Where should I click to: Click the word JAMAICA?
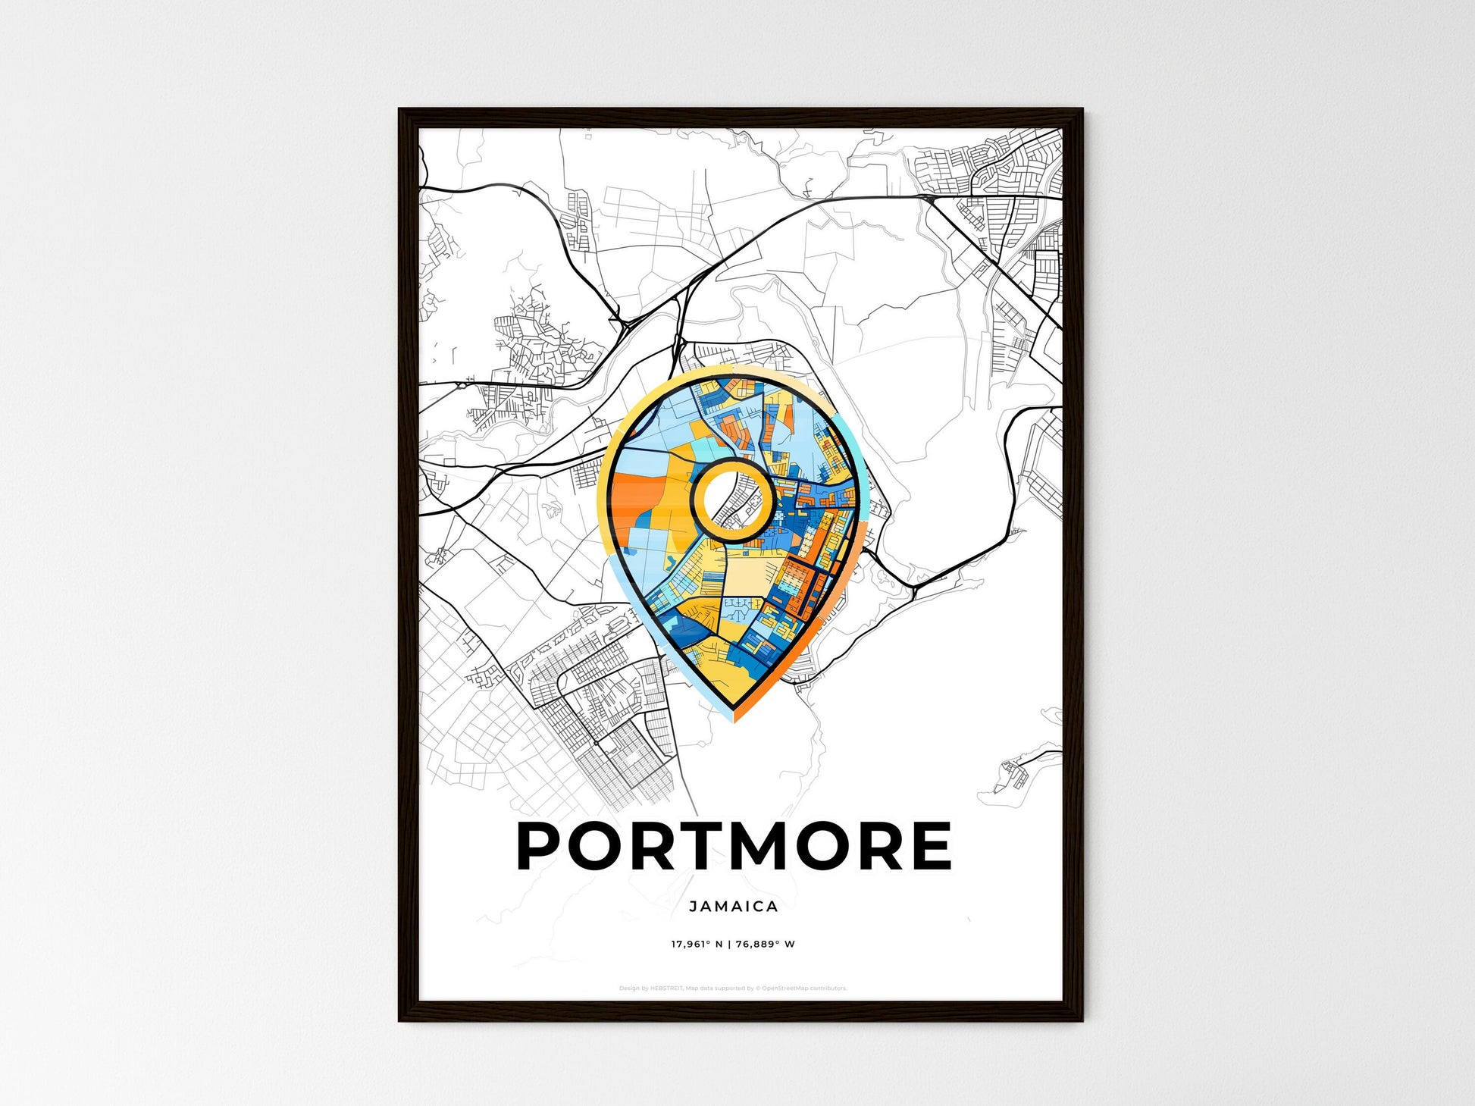[734, 906]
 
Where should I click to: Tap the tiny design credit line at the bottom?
[732, 989]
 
